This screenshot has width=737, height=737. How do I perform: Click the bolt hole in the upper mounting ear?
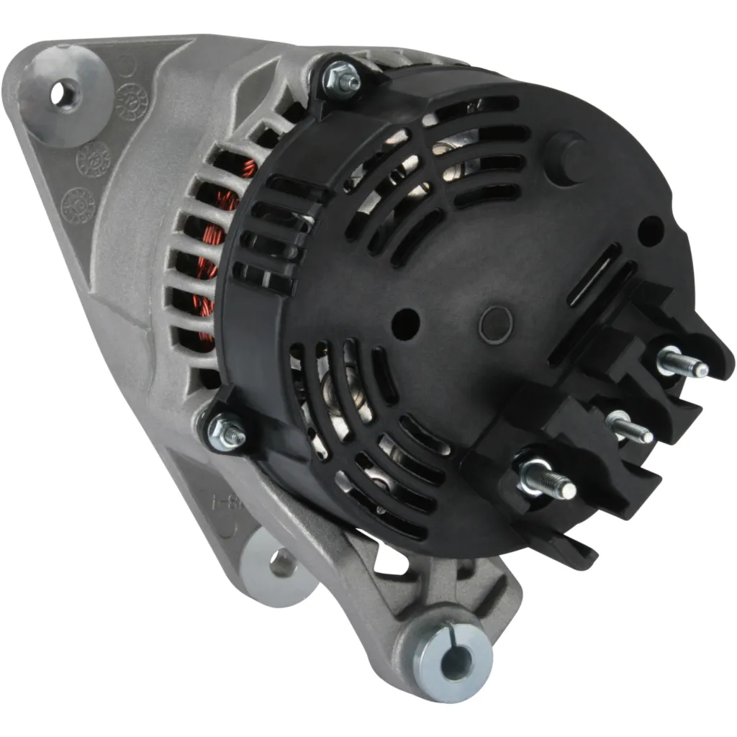67,93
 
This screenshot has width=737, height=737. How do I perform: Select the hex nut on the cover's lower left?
227,430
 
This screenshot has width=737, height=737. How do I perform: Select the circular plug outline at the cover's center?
495,325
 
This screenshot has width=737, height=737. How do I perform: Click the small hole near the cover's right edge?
650,230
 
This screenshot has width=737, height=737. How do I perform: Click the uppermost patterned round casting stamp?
132,101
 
